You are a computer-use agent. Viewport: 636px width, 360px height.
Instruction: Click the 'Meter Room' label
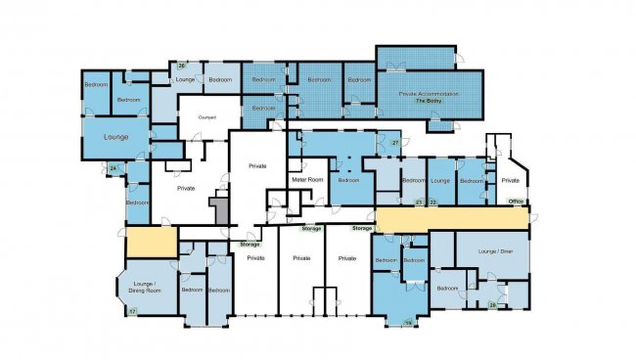click(307, 180)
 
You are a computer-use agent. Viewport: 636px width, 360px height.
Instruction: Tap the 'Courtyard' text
click(206, 117)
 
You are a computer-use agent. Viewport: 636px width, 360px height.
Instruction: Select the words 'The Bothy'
click(428, 102)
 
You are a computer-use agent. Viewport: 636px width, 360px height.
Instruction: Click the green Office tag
click(517, 202)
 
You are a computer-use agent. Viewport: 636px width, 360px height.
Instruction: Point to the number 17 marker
click(132, 311)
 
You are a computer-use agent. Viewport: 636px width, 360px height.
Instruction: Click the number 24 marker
click(114, 169)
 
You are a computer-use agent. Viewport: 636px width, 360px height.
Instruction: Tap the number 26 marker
click(182, 65)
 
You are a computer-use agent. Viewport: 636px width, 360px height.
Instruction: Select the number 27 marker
click(395, 144)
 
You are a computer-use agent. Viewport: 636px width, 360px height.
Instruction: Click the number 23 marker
click(418, 202)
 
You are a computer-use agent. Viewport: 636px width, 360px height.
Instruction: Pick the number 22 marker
click(432, 202)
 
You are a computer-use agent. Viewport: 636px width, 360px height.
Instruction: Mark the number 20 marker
click(492, 305)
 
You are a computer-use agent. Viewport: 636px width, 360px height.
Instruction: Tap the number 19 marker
click(409, 322)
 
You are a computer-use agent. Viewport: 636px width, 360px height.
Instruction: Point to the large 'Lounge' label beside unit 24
click(116, 138)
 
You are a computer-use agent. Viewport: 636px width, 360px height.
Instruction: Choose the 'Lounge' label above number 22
click(441, 181)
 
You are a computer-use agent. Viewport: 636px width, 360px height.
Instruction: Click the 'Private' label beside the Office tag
click(511, 181)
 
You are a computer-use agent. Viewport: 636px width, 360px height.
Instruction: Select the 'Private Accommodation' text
click(428, 94)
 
